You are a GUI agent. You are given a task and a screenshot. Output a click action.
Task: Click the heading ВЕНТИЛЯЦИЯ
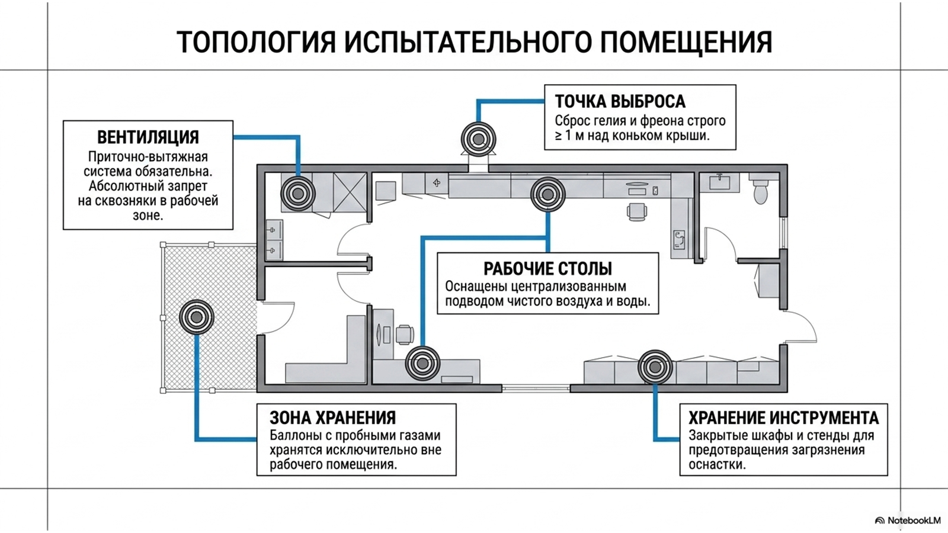tap(148, 137)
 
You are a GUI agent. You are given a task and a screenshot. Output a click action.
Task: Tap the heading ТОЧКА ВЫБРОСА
tap(620, 101)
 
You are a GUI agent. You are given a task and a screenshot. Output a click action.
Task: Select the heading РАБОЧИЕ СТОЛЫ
tap(547, 269)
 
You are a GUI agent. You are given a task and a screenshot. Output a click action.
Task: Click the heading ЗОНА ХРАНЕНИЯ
tap(332, 418)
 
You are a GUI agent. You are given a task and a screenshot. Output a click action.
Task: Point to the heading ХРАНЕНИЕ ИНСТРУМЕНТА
tap(783, 418)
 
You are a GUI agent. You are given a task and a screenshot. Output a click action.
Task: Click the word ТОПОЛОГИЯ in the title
tap(256, 42)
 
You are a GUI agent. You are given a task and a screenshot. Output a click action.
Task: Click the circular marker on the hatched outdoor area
tap(196, 317)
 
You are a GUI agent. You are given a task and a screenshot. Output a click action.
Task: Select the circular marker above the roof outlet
tap(479, 139)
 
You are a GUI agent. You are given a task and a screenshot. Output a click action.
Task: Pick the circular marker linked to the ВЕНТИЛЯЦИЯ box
tap(298, 194)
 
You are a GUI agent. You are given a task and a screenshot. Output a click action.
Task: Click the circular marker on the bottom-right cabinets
tap(655, 367)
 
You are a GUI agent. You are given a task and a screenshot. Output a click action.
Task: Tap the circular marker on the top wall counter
tap(548, 194)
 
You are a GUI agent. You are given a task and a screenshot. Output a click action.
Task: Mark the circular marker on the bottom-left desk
tap(422, 363)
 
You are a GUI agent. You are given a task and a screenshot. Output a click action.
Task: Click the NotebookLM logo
tap(908, 521)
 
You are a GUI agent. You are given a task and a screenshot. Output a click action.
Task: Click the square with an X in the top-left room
tap(350, 192)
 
